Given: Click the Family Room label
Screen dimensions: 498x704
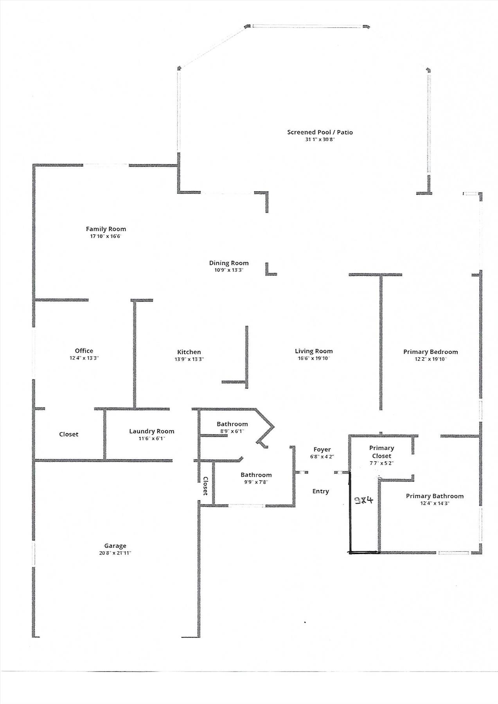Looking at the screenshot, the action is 106,229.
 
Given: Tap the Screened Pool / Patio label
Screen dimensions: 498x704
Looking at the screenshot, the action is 320,132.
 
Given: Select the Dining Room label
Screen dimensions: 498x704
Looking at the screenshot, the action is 229,263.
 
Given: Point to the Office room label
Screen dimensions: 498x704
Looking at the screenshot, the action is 84,351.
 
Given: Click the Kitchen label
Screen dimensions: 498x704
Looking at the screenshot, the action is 189,352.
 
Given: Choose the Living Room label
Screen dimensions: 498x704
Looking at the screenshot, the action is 314,351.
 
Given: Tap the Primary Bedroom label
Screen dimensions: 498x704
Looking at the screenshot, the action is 431,352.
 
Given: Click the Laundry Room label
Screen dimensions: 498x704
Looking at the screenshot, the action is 152,431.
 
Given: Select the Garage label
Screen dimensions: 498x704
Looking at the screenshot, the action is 115,546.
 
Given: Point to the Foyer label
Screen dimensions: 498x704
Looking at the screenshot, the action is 322,450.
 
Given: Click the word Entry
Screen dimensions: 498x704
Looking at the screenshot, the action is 320,491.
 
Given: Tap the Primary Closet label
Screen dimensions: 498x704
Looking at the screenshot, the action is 381,452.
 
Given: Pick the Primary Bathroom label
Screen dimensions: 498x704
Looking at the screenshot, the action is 435,496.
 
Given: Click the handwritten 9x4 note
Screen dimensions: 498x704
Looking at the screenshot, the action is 364,500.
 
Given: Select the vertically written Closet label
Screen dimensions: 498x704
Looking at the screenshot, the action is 205,486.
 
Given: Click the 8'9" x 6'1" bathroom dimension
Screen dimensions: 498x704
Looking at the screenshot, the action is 232,431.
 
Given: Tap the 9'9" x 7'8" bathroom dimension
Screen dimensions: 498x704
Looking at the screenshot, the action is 256,482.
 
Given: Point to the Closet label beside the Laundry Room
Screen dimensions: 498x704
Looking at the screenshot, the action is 68,434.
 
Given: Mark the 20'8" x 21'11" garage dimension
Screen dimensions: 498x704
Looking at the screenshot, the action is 115,553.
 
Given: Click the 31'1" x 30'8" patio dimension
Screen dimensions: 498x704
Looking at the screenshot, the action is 320,139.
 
